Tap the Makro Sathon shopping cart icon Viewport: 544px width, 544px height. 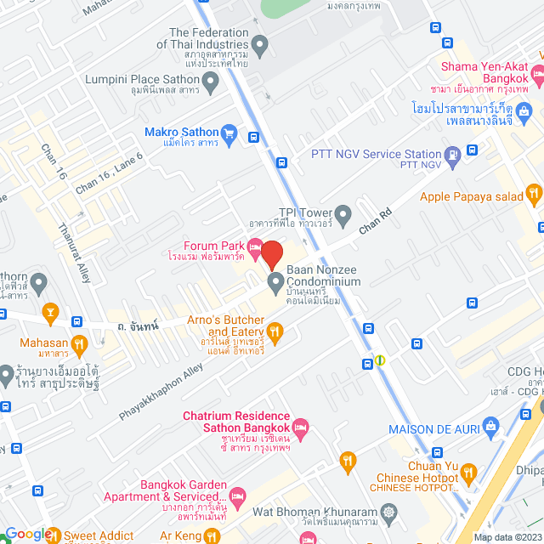228,133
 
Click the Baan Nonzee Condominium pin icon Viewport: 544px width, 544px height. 275,280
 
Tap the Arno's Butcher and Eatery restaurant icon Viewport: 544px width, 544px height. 274,331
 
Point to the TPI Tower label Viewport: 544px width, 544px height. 302,212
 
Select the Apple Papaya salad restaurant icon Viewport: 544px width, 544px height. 533,192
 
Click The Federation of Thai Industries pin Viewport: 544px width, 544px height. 260,43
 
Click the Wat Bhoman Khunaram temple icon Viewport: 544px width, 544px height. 389,513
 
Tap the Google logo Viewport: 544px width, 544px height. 27,533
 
